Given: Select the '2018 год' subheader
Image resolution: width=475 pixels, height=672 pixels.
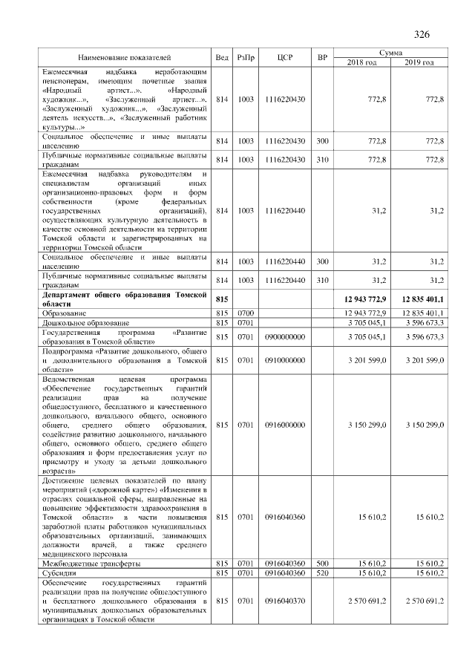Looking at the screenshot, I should (x=363, y=62).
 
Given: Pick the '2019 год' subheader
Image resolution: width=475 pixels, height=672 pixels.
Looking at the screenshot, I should (x=420, y=62).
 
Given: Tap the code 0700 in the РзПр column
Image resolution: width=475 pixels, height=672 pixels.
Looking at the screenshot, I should (x=246, y=314).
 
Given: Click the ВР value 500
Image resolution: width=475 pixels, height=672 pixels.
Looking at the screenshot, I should (x=322, y=564).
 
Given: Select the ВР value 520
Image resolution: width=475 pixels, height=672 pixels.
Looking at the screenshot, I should (x=322, y=573).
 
